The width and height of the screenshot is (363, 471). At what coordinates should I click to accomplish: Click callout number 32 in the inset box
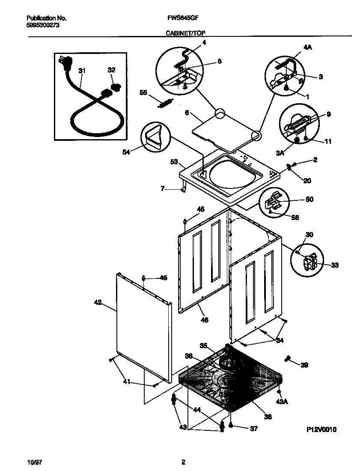pyautogui.click(x=111, y=71)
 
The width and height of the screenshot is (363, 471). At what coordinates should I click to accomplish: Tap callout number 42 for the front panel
pyautogui.click(x=98, y=303)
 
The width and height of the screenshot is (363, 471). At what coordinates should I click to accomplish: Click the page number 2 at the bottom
pyautogui.click(x=183, y=462)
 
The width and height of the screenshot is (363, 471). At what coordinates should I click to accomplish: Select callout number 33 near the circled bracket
pyautogui.click(x=335, y=265)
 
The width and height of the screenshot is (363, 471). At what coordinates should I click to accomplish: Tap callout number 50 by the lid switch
pyautogui.click(x=309, y=200)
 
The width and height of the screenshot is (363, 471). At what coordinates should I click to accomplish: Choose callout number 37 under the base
pyautogui.click(x=254, y=429)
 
